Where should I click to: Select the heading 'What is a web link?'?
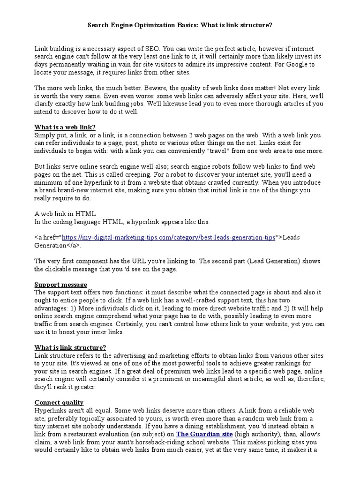(x=65, y=127)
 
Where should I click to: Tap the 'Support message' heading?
(x=61, y=285)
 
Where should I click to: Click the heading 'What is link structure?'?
(x=70, y=347)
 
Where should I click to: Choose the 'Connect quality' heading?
(x=59, y=402)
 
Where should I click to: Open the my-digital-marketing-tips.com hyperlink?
(x=168, y=237)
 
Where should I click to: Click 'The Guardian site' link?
(x=204, y=434)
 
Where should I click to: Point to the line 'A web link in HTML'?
(x=65, y=213)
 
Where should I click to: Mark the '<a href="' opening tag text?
(x=48, y=237)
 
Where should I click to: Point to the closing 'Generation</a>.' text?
(x=58, y=245)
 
